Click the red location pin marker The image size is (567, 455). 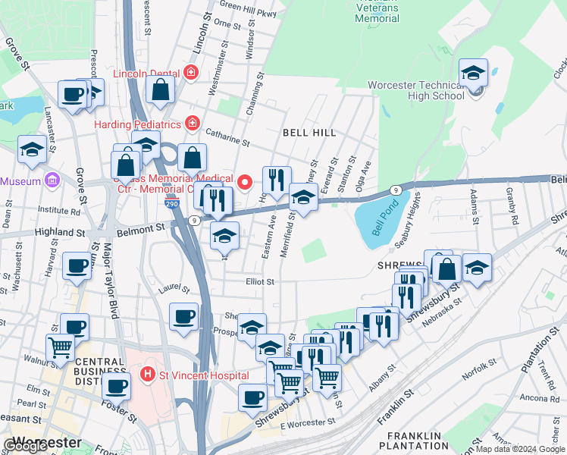tap(244, 182)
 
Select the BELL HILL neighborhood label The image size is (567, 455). tap(309, 133)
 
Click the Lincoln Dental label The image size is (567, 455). tap(146, 74)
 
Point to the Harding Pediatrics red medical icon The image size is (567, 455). tap(193, 123)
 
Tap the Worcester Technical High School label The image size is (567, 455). tap(416, 90)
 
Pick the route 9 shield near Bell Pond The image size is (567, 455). tap(395, 189)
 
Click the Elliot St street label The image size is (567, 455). tap(258, 281)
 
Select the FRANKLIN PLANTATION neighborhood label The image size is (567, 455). tap(414, 441)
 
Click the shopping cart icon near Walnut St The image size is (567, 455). tap(61, 347)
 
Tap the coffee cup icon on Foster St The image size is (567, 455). tap(116, 386)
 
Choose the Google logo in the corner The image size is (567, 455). tap(27, 446)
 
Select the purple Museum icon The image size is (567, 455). tap(52, 180)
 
